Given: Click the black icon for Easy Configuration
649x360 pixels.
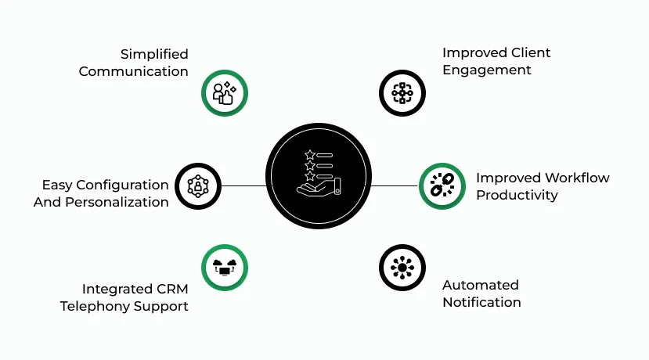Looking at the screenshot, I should [x=197, y=185].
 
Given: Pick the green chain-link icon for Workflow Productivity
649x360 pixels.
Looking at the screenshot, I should [x=442, y=185].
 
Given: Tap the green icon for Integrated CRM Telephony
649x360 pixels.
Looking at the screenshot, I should [x=225, y=268].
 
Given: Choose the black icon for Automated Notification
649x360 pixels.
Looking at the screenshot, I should [x=402, y=268].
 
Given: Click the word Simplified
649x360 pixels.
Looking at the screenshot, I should [x=154, y=54].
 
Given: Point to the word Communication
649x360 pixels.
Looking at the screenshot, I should [x=133, y=71].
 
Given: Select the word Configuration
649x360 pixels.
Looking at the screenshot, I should [x=127, y=185].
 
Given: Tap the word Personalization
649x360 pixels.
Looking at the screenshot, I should [x=121, y=202].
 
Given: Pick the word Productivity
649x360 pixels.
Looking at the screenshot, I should [x=517, y=195].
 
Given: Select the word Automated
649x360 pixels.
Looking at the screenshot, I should [x=480, y=285].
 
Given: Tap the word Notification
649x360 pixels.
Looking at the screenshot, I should [x=481, y=302].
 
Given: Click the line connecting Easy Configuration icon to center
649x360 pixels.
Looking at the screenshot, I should [x=244, y=185].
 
